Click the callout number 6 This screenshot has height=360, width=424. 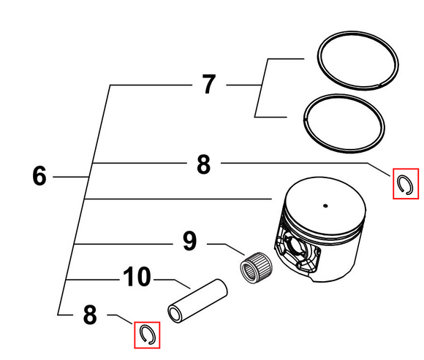click(39, 176)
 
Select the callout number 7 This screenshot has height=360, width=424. click(209, 84)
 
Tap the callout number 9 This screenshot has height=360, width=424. click(190, 241)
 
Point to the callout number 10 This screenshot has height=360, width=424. click(137, 276)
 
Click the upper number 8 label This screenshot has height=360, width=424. click(203, 164)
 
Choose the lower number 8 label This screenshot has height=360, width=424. click(90, 315)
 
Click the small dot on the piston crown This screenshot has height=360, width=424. click(325, 206)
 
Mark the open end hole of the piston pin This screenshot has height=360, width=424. click(175, 313)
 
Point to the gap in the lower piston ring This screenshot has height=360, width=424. click(304, 119)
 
